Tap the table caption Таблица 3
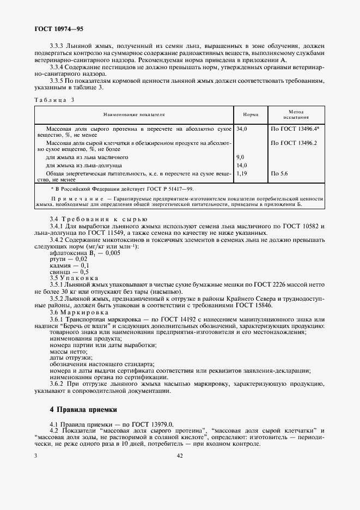[54, 100]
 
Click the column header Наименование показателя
[134, 115]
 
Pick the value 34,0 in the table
[242, 129]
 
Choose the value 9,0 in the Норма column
[240, 157]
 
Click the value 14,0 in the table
[242, 165]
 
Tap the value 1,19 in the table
[242, 173]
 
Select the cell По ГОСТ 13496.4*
[295, 129]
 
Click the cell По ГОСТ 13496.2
[294, 143]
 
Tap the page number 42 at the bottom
[179, 457]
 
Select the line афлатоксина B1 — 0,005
[85, 253]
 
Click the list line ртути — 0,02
[69, 259]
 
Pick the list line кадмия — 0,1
[70, 265]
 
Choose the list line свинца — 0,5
[69, 271]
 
